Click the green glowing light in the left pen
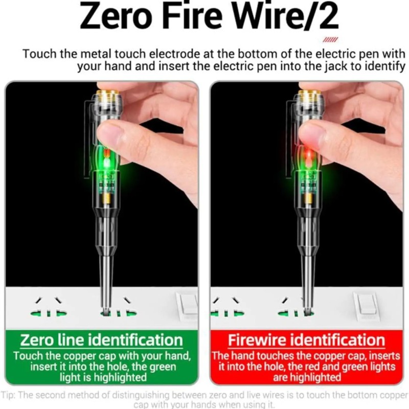[x=107, y=163]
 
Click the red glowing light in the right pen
[x=307, y=155]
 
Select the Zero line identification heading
[x=101, y=340]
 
